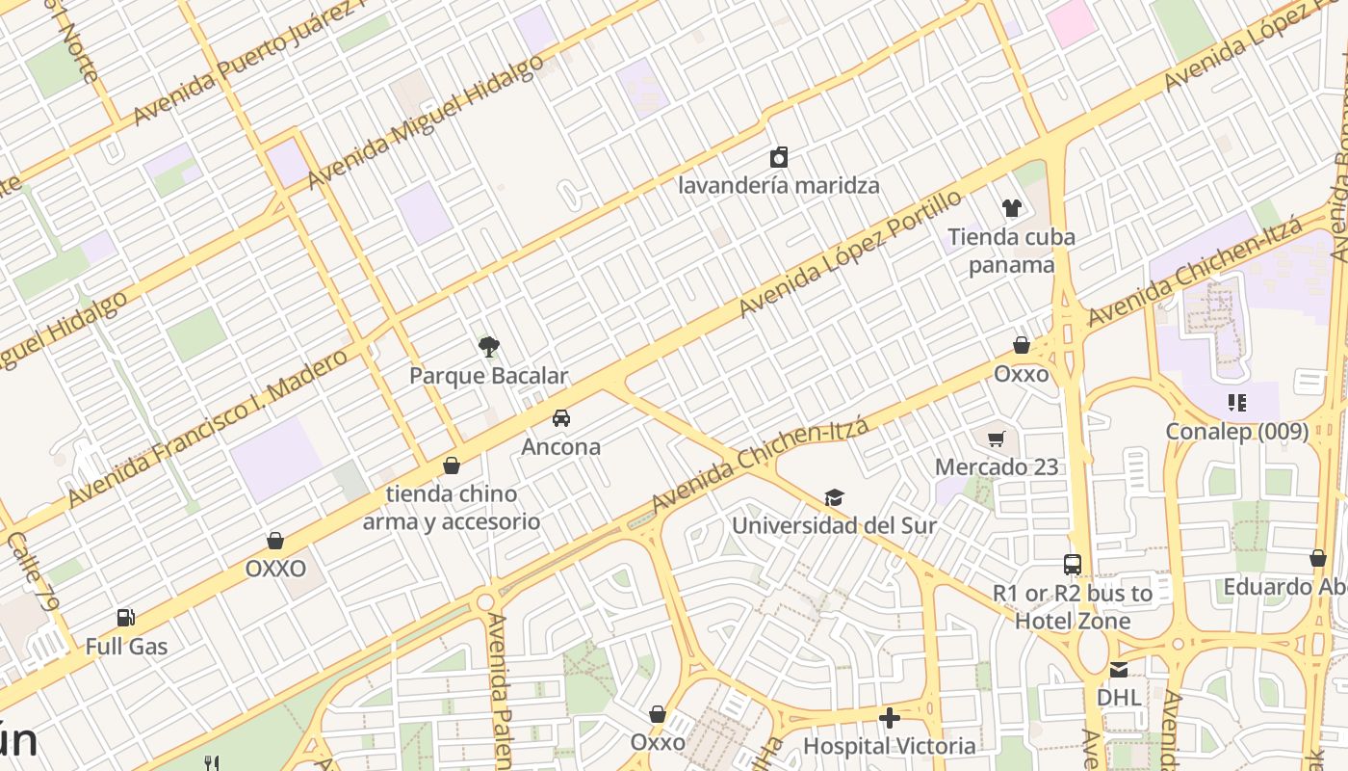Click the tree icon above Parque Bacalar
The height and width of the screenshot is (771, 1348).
[x=489, y=347]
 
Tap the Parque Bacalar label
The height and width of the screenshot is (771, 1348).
[x=489, y=376]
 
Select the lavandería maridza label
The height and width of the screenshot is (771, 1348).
[x=779, y=185]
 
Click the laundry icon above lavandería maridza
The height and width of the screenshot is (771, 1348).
[x=779, y=157]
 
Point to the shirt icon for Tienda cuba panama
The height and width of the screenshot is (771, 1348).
[x=1011, y=207]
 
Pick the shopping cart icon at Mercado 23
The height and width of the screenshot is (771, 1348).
[x=997, y=439]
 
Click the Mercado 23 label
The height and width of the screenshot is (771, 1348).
[x=997, y=467]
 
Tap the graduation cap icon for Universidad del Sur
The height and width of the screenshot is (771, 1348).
[x=834, y=498]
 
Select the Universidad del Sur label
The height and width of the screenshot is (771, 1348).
[x=834, y=526]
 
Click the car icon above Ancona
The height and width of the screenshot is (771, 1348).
[x=561, y=418]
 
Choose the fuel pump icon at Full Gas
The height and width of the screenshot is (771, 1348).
[x=125, y=618]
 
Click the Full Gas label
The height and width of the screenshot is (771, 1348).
[x=126, y=647]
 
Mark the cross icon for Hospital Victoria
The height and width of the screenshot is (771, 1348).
[x=890, y=718]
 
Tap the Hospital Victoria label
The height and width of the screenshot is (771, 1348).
[x=889, y=746]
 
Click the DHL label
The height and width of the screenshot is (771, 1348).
[x=1119, y=697]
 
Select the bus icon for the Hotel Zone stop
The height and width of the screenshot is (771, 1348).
[x=1073, y=565]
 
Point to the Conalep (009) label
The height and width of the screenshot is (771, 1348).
[x=1237, y=431]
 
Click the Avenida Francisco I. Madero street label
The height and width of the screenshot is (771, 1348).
[x=207, y=429]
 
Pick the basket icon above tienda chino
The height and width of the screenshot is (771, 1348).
[x=452, y=466]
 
